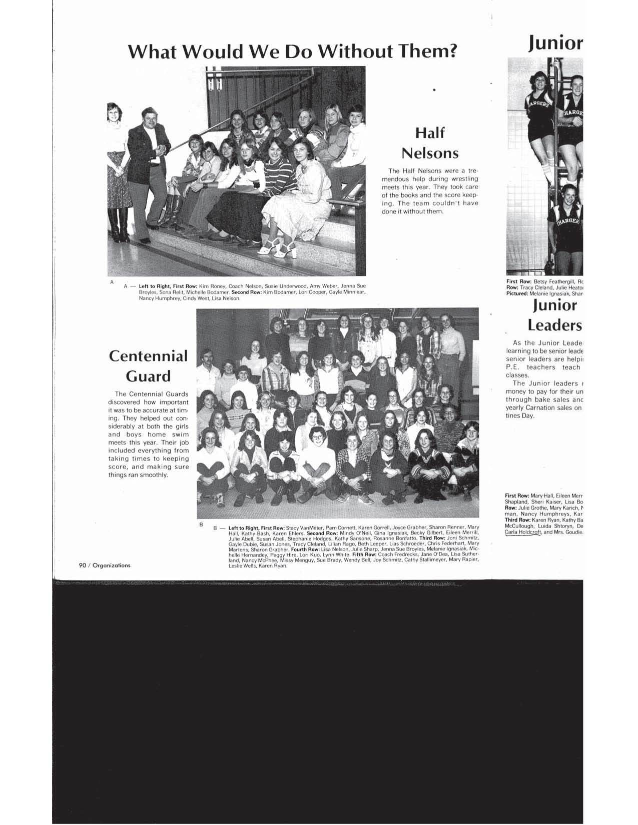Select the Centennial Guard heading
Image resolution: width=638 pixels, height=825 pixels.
pyautogui.click(x=148, y=365)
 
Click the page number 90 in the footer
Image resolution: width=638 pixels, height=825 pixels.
pyautogui.click(x=82, y=565)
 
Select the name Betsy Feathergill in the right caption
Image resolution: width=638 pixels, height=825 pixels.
pyautogui.click(x=554, y=282)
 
